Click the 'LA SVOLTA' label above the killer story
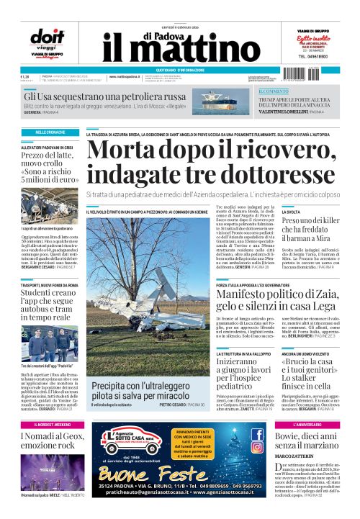292,212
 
